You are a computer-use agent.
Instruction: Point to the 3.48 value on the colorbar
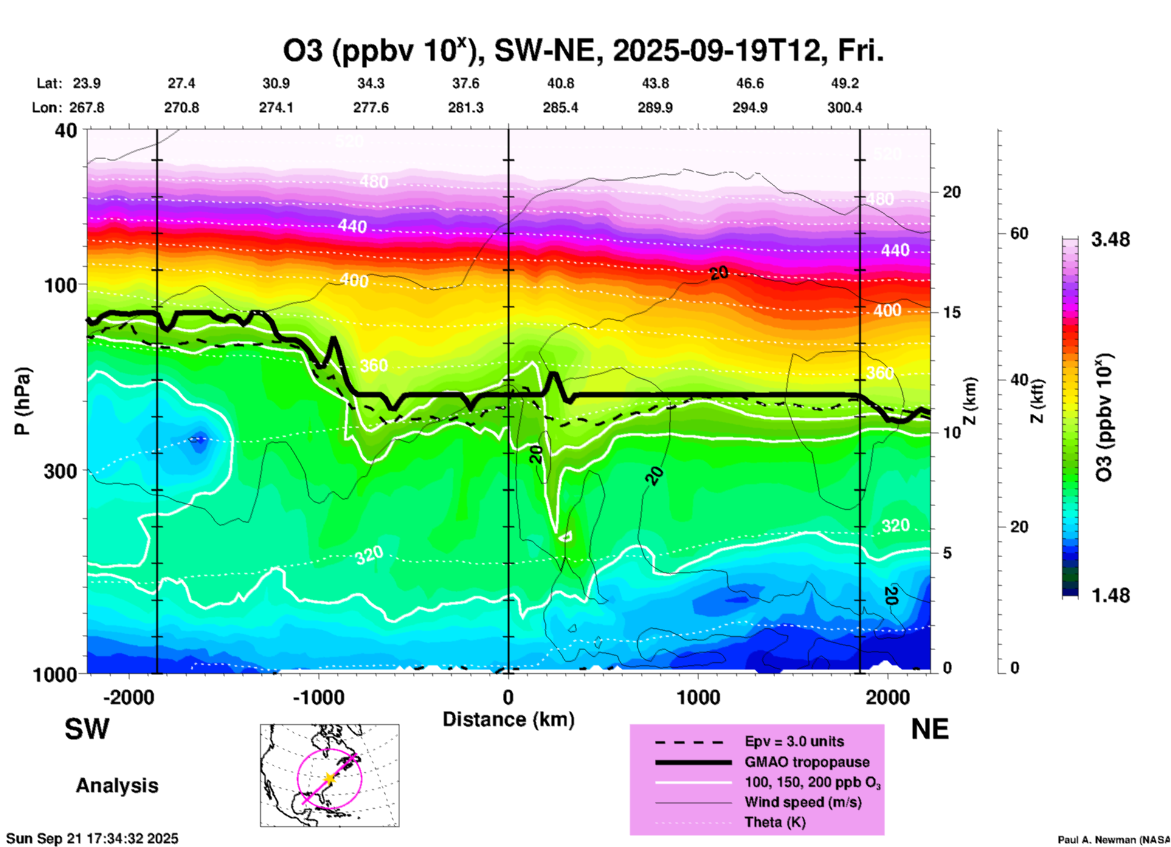click(x=1110, y=239)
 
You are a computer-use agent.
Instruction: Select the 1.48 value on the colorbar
click(x=1110, y=595)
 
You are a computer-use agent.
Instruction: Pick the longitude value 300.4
click(x=844, y=108)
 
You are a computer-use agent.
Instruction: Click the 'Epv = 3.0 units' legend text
click(x=794, y=742)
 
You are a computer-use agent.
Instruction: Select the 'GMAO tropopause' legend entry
click(x=807, y=762)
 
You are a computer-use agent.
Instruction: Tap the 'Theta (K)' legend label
click(x=775, y=823)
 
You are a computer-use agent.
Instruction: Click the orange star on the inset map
click(x=330, y=778)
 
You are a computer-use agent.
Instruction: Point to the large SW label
click(x=87, y=729)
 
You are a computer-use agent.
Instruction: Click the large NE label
click(x=930, y=729)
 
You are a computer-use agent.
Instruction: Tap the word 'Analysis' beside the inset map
click(x=117, y=786)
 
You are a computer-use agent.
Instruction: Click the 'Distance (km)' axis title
click(x=508, y=719)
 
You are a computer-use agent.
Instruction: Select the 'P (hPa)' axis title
click(x=22, y=401)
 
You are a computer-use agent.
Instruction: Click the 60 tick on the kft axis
click(x=1019, y=233)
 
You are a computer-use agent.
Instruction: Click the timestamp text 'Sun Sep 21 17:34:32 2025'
click(x=92, y=838)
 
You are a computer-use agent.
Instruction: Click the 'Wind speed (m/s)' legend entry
click(x=803, y=803)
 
